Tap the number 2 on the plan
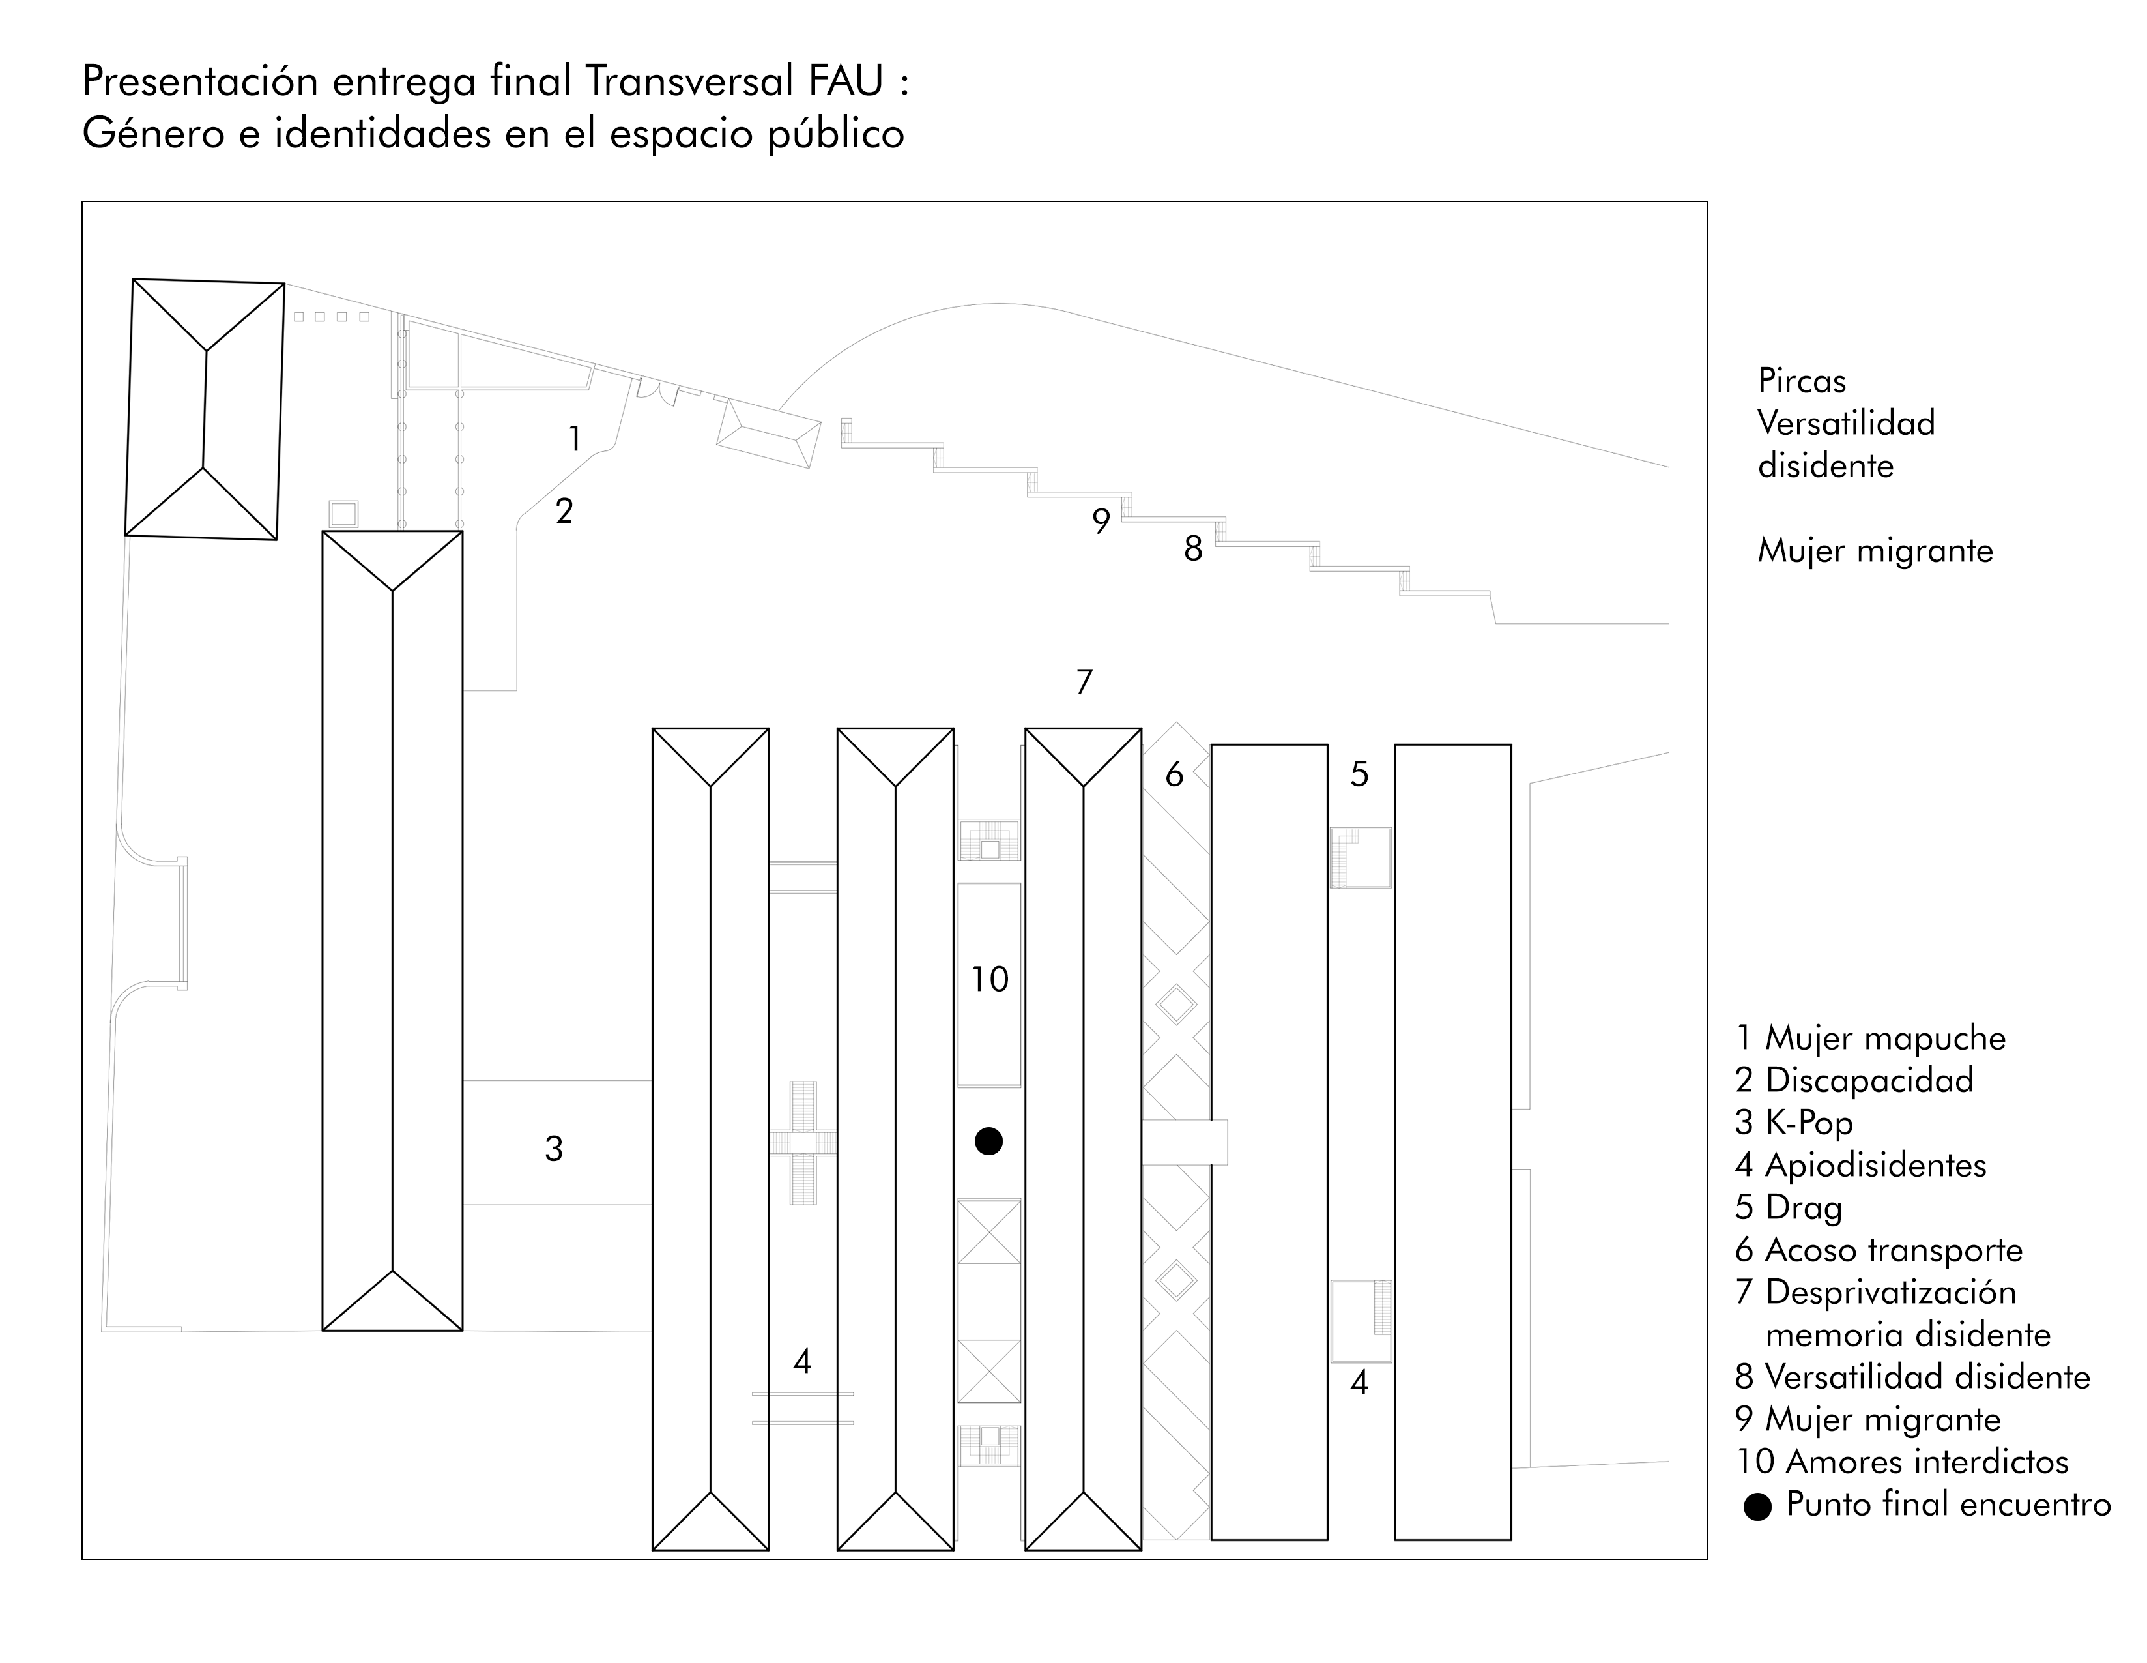click(x=564, y=511)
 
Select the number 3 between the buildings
click(x=553, y=1148)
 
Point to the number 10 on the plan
click(x=989, y=980)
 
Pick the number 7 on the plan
click(x=1084, y=681)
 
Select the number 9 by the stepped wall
click(x=1101, y=522)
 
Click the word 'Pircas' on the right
click(x=1802, y=381)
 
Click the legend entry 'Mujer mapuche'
click(x=1884, y=1038)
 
